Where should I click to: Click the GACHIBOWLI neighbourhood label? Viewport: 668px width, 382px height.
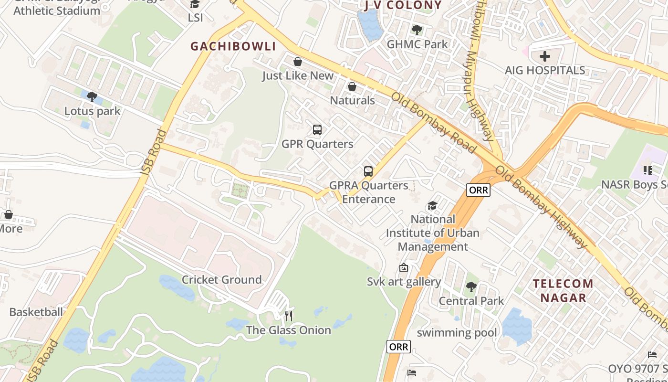point(233,46)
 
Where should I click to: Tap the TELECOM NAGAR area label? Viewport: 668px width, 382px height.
point(563,290)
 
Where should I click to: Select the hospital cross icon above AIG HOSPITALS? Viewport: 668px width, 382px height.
point(544,56)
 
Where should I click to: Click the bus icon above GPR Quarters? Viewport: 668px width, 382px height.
point(317,129)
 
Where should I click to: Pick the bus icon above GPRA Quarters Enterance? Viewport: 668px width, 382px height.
point(368,171)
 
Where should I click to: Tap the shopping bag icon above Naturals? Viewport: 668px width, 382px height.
point(352,86)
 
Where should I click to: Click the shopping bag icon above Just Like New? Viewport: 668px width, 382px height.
point(298,62)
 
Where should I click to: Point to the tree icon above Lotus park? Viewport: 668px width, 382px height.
point(92,97)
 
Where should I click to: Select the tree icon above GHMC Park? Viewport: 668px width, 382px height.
point(417,30)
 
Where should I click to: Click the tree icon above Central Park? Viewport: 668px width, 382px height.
point(471,287)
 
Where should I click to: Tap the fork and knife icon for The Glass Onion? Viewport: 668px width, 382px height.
point(288,316)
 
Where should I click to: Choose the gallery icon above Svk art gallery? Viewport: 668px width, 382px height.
point(404,267)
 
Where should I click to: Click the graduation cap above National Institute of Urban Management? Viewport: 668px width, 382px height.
point(432,205)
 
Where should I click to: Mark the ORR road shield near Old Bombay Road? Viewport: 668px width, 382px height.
point(478,190)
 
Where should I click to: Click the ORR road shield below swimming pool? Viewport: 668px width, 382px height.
point(398,347)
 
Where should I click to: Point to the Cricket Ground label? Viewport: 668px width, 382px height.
point(222,279)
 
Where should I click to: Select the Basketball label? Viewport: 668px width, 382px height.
point(36,312)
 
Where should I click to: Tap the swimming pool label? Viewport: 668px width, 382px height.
point(457,332)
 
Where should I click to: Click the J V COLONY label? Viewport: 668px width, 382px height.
point(403,5)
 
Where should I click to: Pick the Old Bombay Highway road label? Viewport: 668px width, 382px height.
point(542,207)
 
